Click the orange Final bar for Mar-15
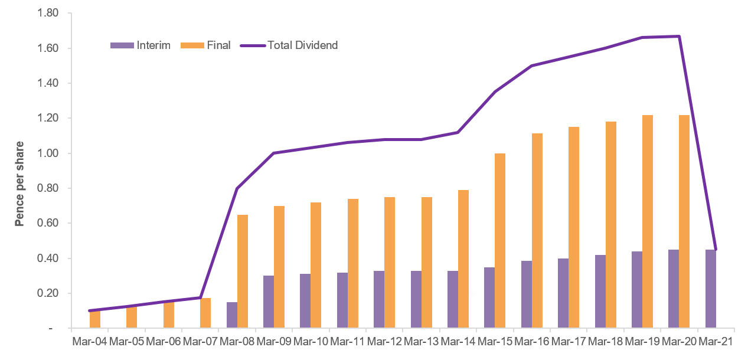pyautogui.click(x=500, y=241)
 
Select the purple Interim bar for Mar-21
pyautogui.click(x=711, y=289)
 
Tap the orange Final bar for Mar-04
pyautogui.click(x=95, y=319)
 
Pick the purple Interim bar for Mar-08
pyautogui.click(x=232, y=315)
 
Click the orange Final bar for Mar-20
pyautogui.click(x=684, y=221)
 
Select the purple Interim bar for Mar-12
pyautogui.click(x=379, y=299)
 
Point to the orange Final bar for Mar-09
pyautogui.click(x=279, y=267)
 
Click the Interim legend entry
pyautogui.click(x=141, y=45)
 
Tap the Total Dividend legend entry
pyautogui.click(x=289, y=45)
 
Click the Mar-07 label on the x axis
pyautogui.click(x=200, y=341)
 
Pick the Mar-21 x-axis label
pyautogui.click(x=716, y=341)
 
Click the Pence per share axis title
pyautogui.click(x=19, y=183)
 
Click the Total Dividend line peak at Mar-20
pyautogui.click(x=680, y=37)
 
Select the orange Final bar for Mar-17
pyautogui.click(x=574, y=227)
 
